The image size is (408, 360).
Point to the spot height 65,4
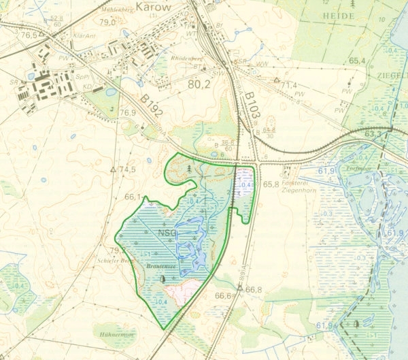pyautogui.click(x=357, y=61)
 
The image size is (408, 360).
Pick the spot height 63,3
pyautogui.click(x=373, y=134)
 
